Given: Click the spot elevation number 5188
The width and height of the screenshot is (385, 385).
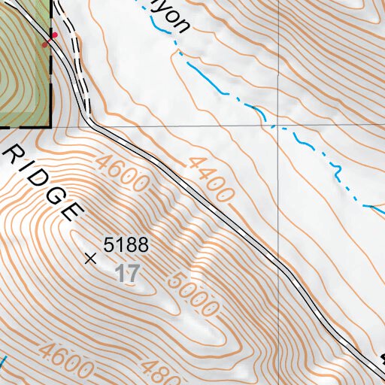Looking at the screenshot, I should click(127, 244).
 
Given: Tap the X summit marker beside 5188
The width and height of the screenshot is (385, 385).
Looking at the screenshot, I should click(91, 259).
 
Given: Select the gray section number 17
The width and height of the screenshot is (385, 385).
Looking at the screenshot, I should click(128, 273).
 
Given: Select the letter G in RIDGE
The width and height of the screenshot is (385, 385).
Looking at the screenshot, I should click(56, 197).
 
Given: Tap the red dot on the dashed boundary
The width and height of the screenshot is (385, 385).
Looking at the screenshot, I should click(54, 35).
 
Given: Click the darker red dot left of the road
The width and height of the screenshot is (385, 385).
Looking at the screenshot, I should click(45, 44).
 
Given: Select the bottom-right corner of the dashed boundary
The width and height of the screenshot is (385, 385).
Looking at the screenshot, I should click(50, 127).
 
